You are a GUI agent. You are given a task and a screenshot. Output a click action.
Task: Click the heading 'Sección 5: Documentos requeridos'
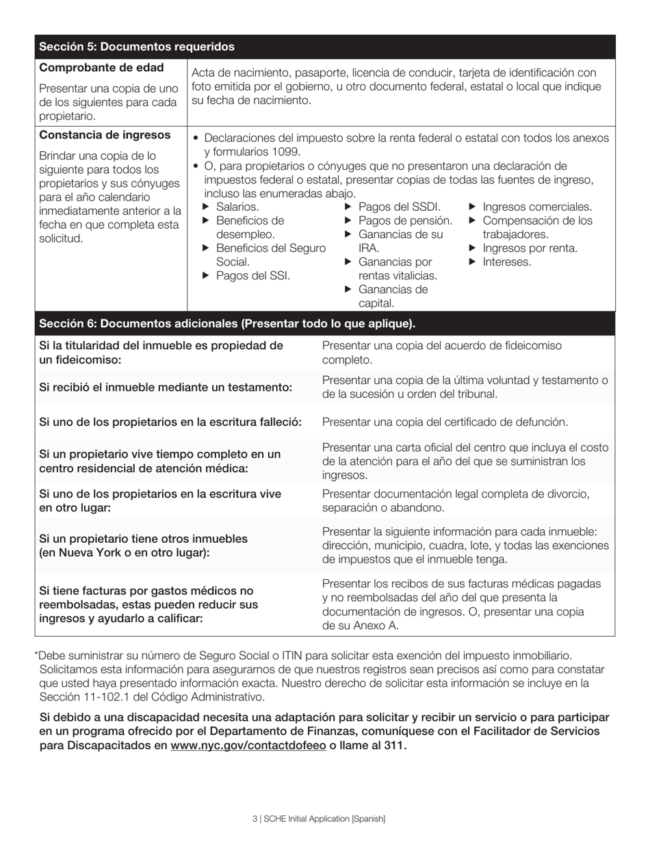tap(137, 47)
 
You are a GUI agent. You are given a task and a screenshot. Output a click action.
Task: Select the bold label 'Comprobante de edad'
tap(101, 68)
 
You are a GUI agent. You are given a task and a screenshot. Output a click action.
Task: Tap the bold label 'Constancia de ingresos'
tap(105, 135)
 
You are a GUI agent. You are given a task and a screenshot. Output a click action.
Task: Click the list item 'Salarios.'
tap(237, 207)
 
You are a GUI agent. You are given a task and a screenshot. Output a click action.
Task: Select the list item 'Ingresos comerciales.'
tap(537, 207)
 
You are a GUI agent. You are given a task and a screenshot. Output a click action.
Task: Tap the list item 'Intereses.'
tap(506, 262)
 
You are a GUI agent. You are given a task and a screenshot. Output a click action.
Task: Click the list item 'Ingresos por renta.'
tap(530, 248)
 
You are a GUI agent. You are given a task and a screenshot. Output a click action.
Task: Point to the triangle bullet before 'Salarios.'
tap(206, 207)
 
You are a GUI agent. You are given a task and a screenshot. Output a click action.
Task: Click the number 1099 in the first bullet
tap(285, 152)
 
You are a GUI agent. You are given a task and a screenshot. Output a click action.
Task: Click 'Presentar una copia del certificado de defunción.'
tap(445, 422)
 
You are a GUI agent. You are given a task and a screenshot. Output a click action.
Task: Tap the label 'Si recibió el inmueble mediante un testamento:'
tap(166, 387)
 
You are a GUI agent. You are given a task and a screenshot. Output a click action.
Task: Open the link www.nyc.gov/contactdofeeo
tap(248, 745)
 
